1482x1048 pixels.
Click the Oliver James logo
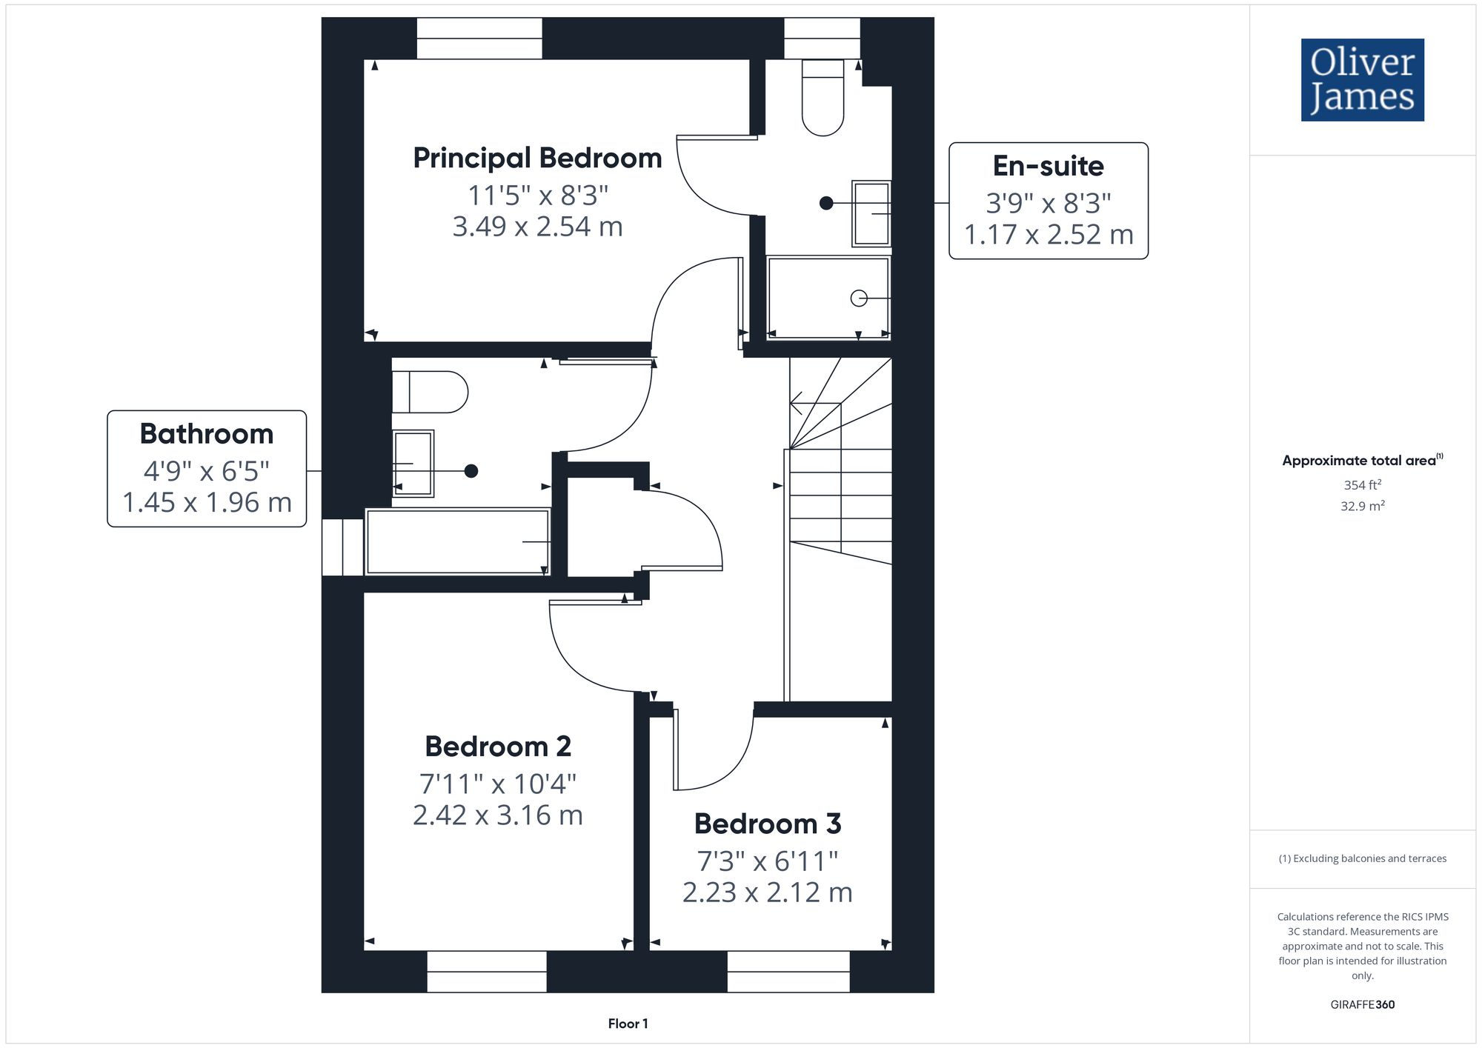[1363, 80]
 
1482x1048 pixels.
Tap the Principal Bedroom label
[537, 158]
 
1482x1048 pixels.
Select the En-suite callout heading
[1048, 166]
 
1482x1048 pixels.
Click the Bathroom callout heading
[207, 434]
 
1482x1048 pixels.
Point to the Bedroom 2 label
[498, 747]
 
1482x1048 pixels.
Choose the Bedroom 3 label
[768, 824]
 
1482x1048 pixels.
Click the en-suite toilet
[823, 98]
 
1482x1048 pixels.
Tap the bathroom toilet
[430, 393]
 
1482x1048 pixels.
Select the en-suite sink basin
[871, 213]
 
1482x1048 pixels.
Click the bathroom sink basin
[413, 464]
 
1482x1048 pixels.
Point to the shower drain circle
[859, 298]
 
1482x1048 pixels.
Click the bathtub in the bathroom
[458, 541]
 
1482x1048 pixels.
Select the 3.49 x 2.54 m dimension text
[537, 227]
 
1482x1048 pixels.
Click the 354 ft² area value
[1363, 485]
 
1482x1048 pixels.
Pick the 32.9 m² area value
[1363, 507]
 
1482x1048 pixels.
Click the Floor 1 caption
[628, 1024]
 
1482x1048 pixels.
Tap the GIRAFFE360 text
[1363, 1005]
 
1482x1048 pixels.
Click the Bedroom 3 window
[788, 972]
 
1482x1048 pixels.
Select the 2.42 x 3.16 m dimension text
[498, 815]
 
